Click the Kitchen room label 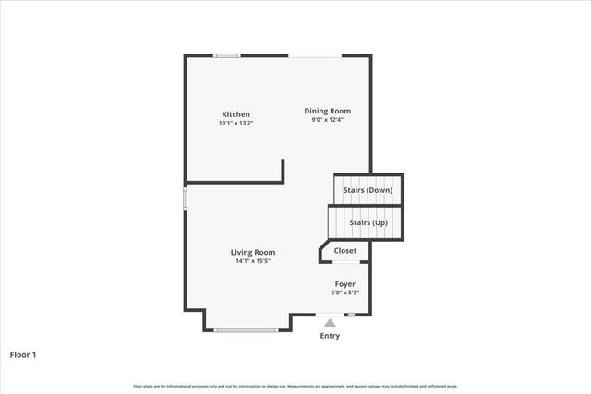[235, 114]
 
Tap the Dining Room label [328, 111]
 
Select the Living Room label [253, 252]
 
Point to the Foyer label [344, 283]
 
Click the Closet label [344, 250]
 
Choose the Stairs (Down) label [368, 190]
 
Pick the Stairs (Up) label [368, 222]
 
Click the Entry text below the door [330, 336]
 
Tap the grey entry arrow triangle [330, 322]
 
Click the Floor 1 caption [23, 353]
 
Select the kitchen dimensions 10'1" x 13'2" [235, 123]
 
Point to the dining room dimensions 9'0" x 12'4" [328, 119]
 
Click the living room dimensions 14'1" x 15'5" [253, 260]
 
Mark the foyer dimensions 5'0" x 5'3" [344, 293]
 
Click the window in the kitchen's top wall [227, 56]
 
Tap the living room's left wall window [185, 198]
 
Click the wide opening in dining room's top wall [313, 56]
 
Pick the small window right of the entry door [351, 316]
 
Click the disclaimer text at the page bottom [295, 386]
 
